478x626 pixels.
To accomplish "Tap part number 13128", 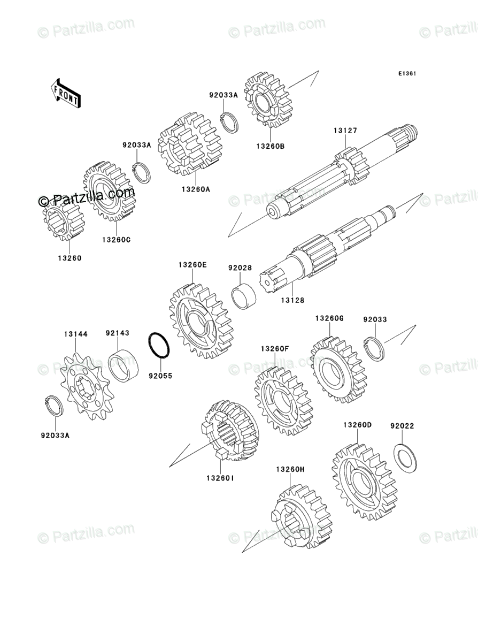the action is point(292,300).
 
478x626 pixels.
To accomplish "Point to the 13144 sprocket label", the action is point(76,334).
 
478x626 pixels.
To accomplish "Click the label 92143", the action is point(117,333).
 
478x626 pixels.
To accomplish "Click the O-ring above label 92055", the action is point(159,346).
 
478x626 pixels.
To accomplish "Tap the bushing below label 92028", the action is point(244,295).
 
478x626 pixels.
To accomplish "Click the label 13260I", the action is point(220,478).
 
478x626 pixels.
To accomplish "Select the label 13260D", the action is point(357,425).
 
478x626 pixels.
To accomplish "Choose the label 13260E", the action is point(192,265).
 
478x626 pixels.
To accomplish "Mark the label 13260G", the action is point(329,319).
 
